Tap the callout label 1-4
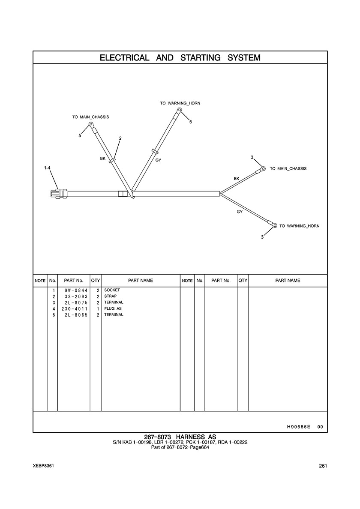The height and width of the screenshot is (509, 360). point(48,168)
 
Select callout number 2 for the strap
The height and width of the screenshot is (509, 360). point(120,138)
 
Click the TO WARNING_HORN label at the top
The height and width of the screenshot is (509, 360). point(180,103)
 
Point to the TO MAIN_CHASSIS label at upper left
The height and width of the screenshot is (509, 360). point(90,117)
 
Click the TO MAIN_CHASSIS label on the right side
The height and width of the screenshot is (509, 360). point(288,169)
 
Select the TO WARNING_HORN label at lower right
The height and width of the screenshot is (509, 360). point(299,226)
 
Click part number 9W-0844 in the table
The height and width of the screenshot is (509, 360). point(73,290)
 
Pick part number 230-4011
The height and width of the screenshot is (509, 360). point(73,309)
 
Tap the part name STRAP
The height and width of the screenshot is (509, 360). point(110,296)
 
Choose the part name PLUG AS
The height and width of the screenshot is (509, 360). point(113,308)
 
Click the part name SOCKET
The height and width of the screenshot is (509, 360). point(112,290)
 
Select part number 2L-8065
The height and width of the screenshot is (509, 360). point(73,315)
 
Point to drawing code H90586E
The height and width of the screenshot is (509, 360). point(298,427)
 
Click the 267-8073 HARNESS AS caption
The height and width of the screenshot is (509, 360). point(180,437)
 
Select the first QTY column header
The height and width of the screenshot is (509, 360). point(95,281)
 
